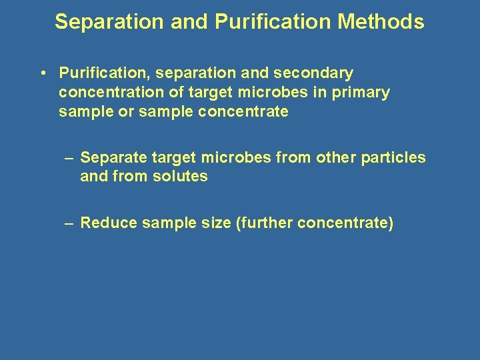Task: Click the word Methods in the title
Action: [x=381, y=22]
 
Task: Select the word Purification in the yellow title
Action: [x=273, y=22]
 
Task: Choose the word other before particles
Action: [x=337, y=158]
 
